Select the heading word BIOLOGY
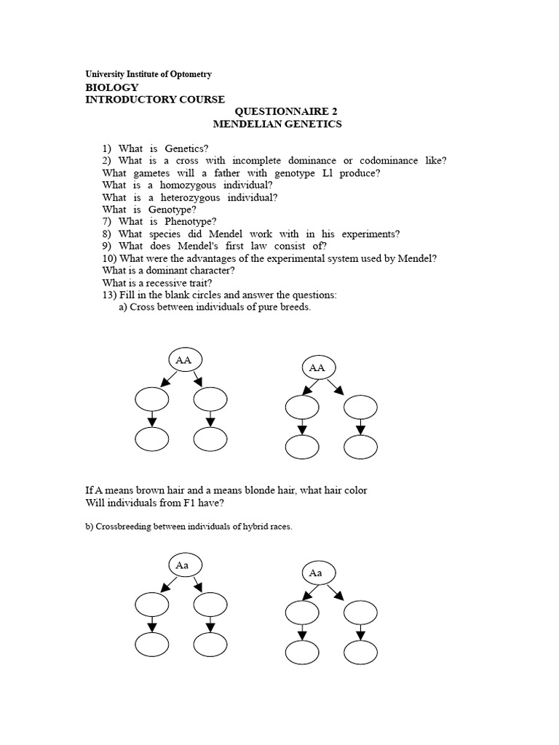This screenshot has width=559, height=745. point(112,87)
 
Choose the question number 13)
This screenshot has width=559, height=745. point(111,295)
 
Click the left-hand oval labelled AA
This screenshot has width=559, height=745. point(184,359)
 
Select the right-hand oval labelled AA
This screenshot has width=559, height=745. point(317,368)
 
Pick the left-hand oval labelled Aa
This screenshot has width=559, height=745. point(184,565)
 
